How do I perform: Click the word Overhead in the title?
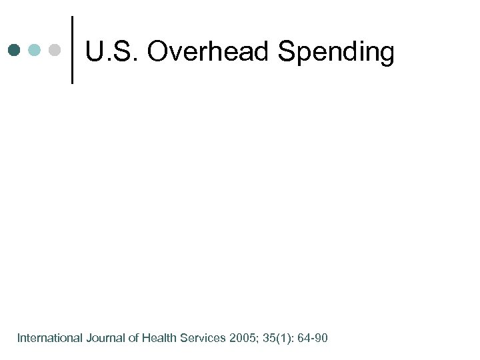pos(209,51)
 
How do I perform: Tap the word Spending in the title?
pos(336,51)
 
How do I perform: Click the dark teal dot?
pos(15,50)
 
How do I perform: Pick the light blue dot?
pos(35,50)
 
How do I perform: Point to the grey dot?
pos(55,50)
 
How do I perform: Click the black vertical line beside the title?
pos(72,50)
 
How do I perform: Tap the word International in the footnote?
pos(49,339)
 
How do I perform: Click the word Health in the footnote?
pos(158,339)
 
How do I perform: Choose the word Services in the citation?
pos(203,339)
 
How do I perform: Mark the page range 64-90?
pos(313,339)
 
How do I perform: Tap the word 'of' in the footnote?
pos(133,339)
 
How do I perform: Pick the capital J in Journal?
pos(89,339)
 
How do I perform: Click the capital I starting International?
pos(19,339)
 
